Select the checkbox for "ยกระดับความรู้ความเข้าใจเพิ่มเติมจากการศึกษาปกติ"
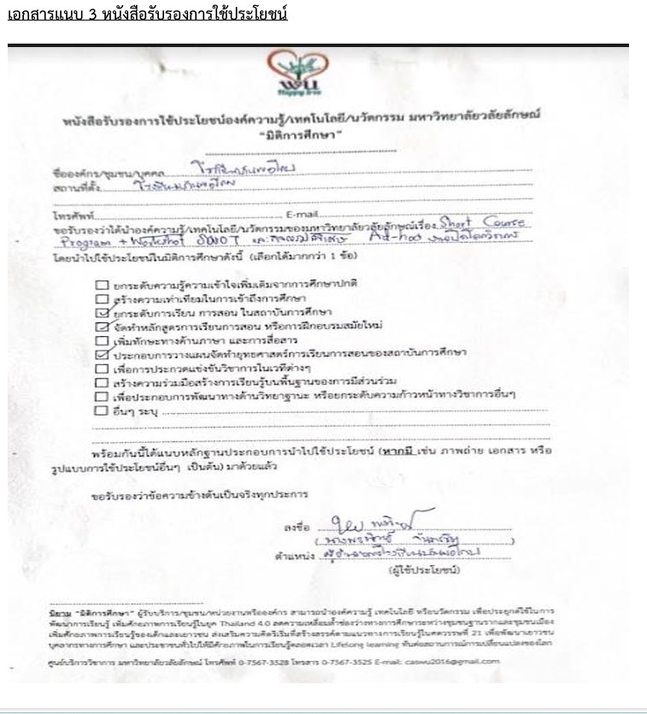[103, 283]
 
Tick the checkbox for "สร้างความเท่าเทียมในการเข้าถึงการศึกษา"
[103, 298]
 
